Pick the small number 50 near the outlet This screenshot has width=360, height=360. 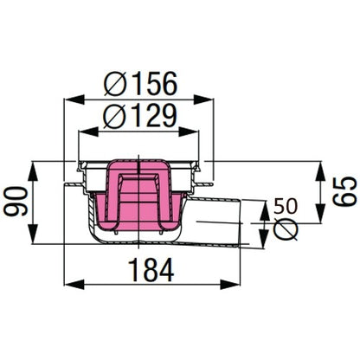tap(286, 207)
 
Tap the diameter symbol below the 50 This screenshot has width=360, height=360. tap(287, 229)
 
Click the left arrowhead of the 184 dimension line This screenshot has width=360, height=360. tap(69, 283)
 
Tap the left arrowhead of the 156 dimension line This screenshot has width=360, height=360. tap(67, 100)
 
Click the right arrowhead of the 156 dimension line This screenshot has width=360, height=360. tap(211, 100)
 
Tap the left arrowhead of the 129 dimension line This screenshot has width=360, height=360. tap(83, 132)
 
